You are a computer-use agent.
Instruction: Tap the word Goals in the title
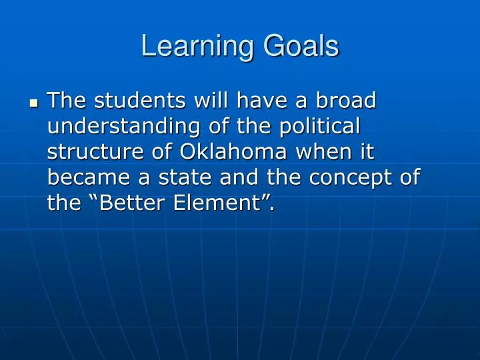coord(301,47)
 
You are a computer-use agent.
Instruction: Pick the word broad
coord(346,101)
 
